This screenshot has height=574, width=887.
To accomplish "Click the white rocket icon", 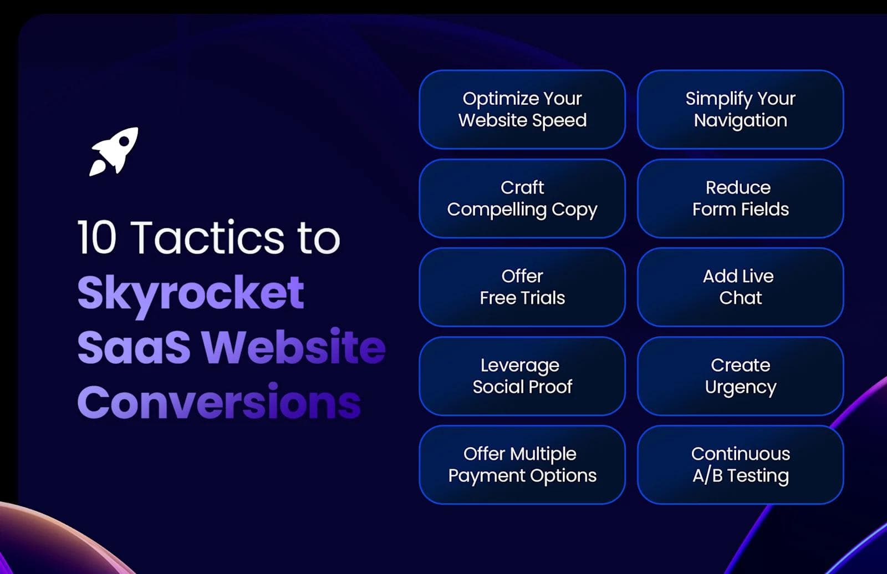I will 114,151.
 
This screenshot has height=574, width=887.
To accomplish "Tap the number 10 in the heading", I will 96,237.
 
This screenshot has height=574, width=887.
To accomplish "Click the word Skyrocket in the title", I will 191,292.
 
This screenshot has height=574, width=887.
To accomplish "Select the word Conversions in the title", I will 219,402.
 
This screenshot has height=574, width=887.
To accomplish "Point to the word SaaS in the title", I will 134,347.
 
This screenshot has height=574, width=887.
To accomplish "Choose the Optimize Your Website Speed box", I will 522,109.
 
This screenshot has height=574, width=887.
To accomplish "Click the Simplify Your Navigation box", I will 740,109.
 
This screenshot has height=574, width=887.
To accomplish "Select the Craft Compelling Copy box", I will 522,198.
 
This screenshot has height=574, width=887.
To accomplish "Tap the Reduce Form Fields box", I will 740,198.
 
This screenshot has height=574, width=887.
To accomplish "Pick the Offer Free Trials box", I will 522,287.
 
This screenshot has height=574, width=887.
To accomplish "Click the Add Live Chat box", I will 740,287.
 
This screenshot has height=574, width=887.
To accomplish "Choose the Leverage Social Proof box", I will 522,375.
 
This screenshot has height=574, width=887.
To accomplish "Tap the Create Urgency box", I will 740,375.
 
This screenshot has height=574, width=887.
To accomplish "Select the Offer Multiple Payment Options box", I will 522,464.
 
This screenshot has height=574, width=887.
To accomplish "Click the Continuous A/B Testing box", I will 740,464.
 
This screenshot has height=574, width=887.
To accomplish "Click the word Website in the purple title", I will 293,347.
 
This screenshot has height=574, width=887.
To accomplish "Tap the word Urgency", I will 740,387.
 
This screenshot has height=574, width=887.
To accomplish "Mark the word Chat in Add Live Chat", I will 740,298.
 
